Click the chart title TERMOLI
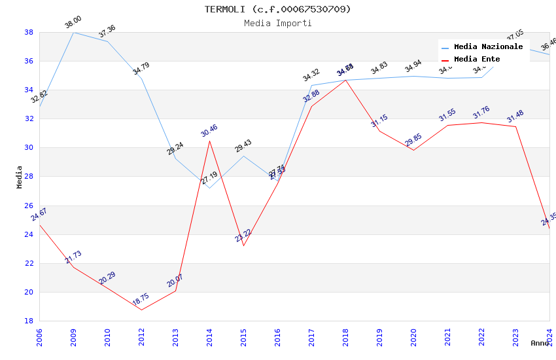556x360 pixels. (277, 9)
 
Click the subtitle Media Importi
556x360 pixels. (277, 23)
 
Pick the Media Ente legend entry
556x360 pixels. (477, 60)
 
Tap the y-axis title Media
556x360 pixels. (20, 177)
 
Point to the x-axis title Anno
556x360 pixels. (540, 343)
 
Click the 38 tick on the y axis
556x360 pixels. (29, 32)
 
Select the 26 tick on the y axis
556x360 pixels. (29, 206)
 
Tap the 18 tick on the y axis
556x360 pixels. (29, 321)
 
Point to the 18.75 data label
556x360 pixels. (141, 300)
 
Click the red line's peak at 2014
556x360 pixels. (209, 141)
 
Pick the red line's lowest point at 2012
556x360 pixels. (141, 310)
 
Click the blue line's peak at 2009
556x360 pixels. (73, 32)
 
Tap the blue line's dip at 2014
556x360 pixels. (209, 188)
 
